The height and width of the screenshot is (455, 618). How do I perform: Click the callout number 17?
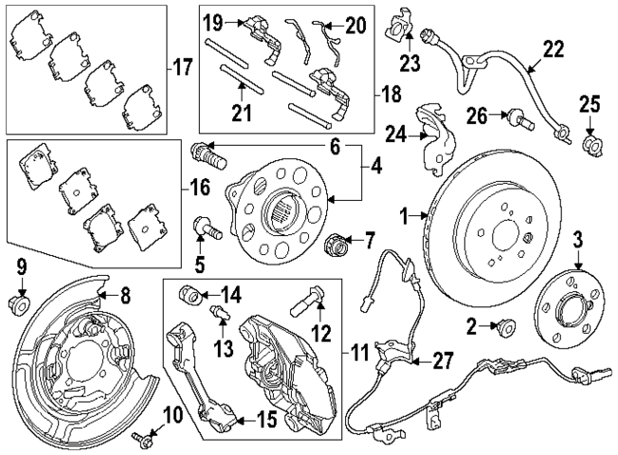tap(183, 67)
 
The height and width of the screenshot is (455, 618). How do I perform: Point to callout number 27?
tap(443, 361)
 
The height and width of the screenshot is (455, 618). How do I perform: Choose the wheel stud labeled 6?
tap(208, 152)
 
